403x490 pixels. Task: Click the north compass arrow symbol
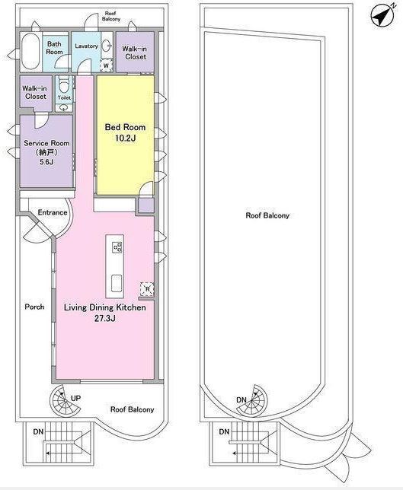[382, 15]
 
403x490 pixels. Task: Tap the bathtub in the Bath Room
[30, 52]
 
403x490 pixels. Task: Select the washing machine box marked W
[106, 65]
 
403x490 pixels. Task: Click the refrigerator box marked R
[147, 289]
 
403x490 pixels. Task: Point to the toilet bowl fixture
[64, 85]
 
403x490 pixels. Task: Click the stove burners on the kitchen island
[117, 247]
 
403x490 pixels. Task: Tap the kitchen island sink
[117, 283]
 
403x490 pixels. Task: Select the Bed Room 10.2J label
[125, 132]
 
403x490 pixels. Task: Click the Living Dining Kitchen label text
[105, 307]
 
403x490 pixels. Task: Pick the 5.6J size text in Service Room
[46, 162]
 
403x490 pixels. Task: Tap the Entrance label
[53, 212]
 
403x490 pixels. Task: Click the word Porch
[34, 307]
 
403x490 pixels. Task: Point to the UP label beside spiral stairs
[75, 398]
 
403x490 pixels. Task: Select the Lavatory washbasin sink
[107, 46]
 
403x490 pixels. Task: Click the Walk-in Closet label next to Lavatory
[135, 52]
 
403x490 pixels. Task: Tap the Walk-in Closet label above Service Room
[35, 93]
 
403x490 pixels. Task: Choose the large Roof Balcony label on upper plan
[267, 215]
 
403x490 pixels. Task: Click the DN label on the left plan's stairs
[39, 432]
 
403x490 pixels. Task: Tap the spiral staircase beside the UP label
[65, 400]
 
